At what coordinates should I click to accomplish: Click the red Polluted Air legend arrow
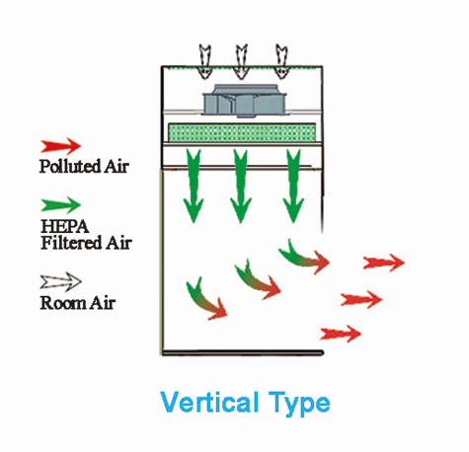point(61,146)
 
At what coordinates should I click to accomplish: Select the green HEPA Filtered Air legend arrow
point(61,204)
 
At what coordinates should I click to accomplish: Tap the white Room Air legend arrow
point(61,282)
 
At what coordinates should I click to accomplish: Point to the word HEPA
point(65,226)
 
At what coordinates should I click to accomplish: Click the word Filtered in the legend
point(71,243)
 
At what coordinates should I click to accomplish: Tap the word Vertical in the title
point(209,403)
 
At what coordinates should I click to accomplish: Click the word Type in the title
point(299,405)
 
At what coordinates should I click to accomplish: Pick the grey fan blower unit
point(244,101)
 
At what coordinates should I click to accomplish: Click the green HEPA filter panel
point(242,132)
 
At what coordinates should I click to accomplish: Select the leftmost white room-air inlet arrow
point(204,61)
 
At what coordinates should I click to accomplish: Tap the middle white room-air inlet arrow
point(241,61)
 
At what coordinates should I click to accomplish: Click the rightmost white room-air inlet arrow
point(281,61)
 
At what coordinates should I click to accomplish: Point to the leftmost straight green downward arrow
point(194,186)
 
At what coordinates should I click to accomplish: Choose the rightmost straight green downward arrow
point(293,186)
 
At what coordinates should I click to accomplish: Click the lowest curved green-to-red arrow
point(205,301)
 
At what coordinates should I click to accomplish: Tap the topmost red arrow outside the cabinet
point(384,263)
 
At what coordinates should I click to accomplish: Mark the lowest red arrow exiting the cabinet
point(341,334)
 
